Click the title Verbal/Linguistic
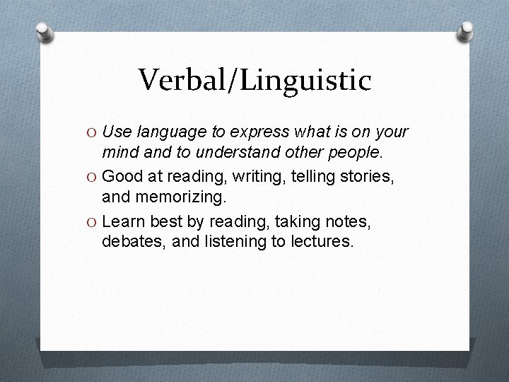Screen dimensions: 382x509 pos(255,80)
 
